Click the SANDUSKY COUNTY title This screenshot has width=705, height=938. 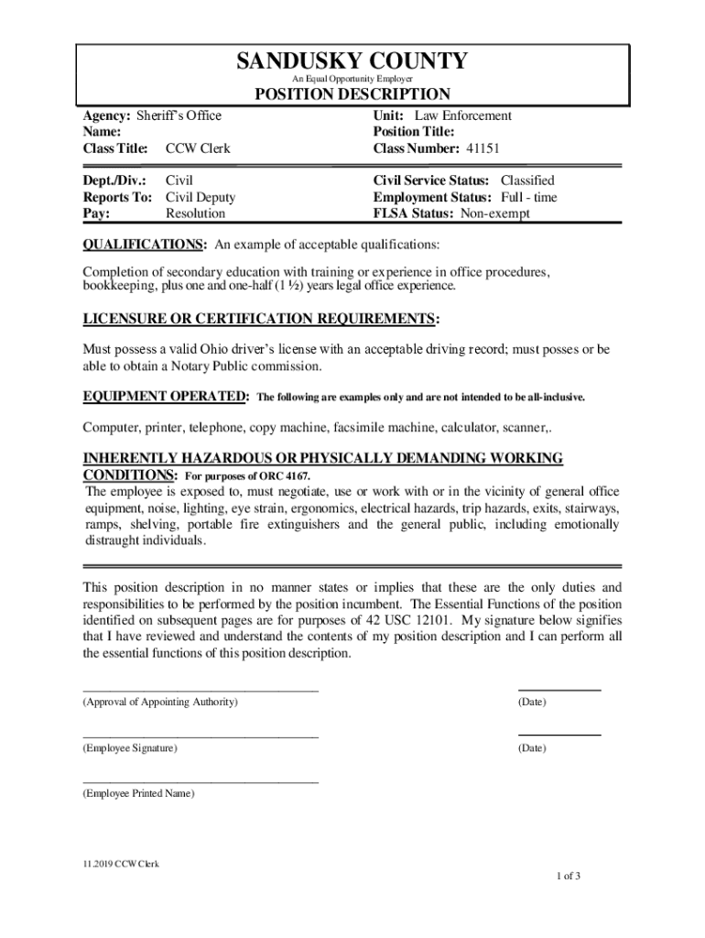(x=352, y=61)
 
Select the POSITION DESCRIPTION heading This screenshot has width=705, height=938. (x=352, y=94)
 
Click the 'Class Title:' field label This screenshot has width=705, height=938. (x=115, y=148)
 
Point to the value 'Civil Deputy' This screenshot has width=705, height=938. (x=201, y=197)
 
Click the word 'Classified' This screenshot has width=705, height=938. (x=527, y=180)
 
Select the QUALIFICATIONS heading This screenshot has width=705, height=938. (x=144, y=245)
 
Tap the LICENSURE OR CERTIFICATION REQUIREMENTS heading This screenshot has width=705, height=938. (x=260, y=319)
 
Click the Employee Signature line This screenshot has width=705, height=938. (x=201, y=736)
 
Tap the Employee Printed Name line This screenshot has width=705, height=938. (x=201, y=782)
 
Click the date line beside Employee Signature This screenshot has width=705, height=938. (x=559, y=735)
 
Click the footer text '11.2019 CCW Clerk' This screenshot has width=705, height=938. (x=120, y=864)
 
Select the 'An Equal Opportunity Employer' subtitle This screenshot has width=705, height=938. (x=352, y=80)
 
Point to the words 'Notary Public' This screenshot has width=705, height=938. (x=213, y=365)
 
